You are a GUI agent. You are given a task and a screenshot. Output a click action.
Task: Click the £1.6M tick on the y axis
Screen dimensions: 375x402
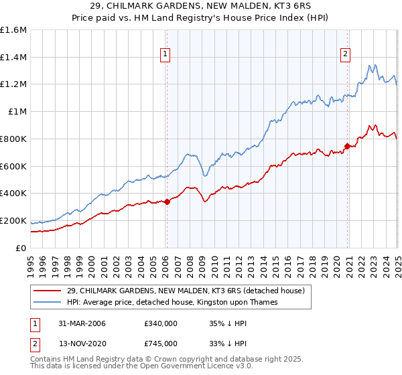click(13, 30)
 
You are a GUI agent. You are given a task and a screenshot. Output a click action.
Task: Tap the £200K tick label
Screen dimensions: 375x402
click(13, 220)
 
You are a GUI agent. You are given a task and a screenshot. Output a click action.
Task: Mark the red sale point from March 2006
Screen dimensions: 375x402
click(167, 202)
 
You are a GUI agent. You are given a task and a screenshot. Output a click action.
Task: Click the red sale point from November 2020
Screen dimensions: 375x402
click(347, 146)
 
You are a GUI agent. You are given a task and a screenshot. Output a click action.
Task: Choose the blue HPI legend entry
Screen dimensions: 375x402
click(180, 303)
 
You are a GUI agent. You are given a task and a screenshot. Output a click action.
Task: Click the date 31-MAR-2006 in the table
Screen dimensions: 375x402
click(83, 323)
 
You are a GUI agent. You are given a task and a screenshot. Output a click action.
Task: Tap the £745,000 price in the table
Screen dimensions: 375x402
click(160, 343)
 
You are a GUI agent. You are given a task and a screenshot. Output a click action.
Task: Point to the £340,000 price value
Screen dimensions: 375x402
click(160, 323)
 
